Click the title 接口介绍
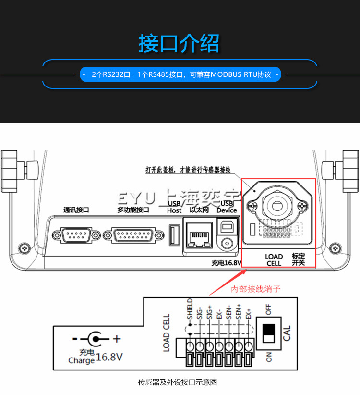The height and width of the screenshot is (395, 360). (179, 43)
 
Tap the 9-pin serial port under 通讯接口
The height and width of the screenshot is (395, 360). (76, 235)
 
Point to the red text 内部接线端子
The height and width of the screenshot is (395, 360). (256, 289)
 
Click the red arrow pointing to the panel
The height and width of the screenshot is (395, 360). (228, 282)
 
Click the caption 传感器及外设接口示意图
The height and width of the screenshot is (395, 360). (178, 383)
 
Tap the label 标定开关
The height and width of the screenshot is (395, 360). (299, 259)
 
